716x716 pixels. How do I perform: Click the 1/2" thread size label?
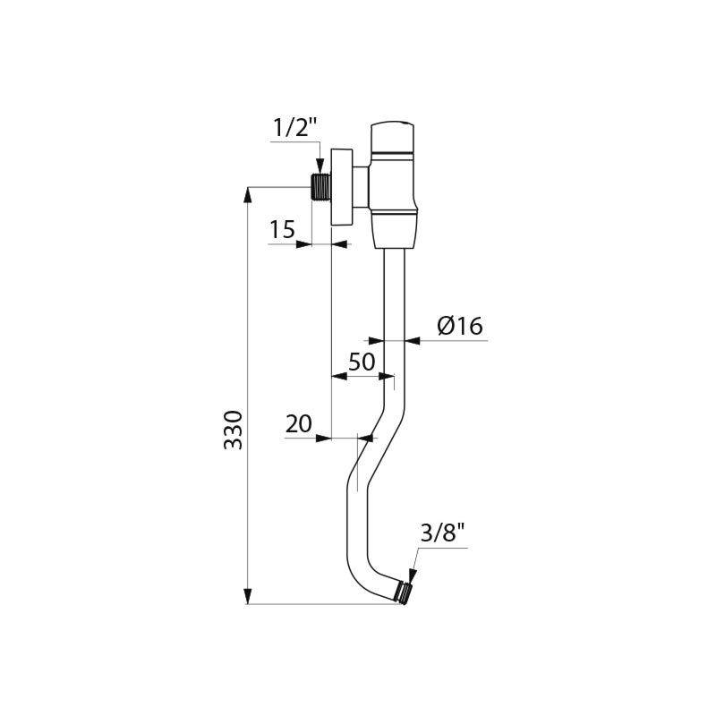click(x=295, y=128)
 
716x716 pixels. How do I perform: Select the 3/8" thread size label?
click(x=442, y=535)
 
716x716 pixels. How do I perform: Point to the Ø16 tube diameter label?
click(x=460, y=327)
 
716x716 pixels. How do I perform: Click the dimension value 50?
click(x=361, y=362)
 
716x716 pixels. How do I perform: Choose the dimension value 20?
click(x=299, y=424)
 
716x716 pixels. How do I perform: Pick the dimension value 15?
click(x=282, y=230)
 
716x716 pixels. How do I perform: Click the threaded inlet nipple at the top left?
click(x=319, y=187)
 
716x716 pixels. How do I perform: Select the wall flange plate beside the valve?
click(x=341, y=187)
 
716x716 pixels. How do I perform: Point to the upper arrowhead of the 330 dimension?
click(x=249, y=194)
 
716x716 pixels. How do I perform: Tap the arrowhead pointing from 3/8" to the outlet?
click(x=413, y=575)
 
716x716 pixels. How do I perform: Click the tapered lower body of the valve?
click(x=395, y=231)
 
